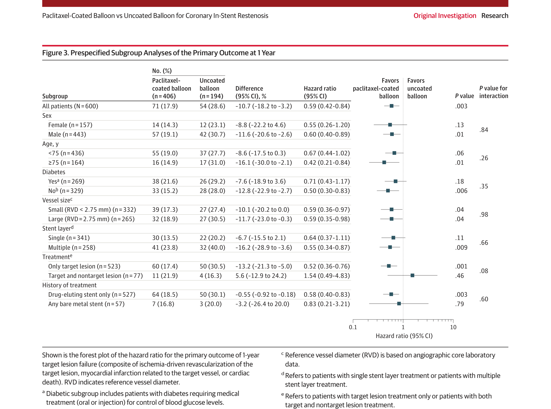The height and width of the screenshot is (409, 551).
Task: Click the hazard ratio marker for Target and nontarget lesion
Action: point(412,275)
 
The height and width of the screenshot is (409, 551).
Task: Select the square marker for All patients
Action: point(392,106)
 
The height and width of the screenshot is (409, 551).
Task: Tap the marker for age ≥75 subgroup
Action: point(384,162)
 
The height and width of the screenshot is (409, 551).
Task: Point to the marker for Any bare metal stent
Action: point(399,304)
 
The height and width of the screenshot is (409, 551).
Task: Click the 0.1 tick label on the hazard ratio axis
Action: point(353,327)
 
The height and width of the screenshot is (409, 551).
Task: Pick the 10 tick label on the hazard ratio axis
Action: point(453,327)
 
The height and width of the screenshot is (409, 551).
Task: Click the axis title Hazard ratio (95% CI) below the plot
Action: point(404,336)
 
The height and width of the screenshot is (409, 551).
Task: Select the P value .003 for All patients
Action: point(461,106)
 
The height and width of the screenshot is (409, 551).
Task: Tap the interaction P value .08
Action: point(484,271)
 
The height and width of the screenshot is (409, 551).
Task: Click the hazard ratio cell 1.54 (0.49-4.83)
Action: point(327,276)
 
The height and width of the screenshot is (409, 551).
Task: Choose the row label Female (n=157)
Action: point(70,125)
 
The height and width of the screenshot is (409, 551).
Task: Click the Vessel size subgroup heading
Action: point(57,200)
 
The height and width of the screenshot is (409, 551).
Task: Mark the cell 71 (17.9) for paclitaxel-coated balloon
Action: point(165,106)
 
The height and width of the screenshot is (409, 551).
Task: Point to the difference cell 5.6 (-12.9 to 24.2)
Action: point(261,276)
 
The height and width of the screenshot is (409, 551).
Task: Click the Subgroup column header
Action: point(55,96)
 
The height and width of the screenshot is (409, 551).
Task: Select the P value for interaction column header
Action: point(493,92)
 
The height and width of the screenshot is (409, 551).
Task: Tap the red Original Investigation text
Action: point(445,16)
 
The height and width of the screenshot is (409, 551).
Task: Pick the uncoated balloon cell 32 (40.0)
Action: point(212,247)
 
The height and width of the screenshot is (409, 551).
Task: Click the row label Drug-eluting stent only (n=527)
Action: point(92,294)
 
